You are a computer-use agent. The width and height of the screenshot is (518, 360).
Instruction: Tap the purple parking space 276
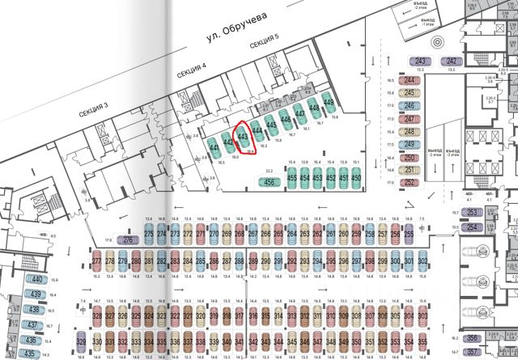click(129, 240)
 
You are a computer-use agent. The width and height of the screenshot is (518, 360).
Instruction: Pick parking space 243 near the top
click(420, 61)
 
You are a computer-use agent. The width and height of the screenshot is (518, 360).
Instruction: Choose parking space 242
click(452, 61)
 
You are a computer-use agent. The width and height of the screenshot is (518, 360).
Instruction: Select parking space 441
click(214, 149)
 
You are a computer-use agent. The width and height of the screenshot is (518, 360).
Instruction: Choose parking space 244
click(410, 81)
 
